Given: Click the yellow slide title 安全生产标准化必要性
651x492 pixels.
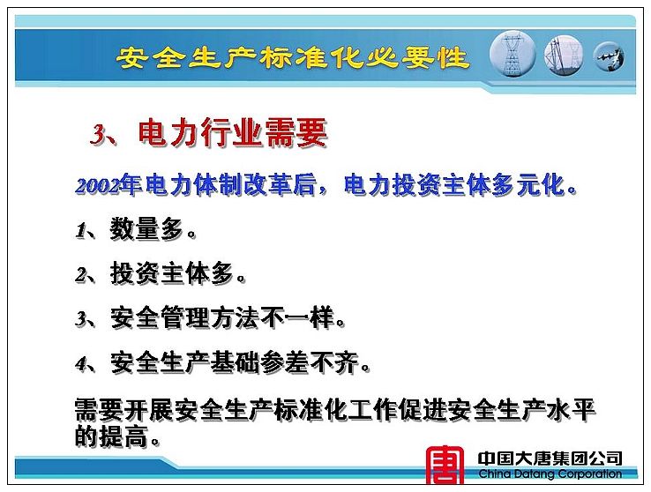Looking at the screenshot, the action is (294, 57).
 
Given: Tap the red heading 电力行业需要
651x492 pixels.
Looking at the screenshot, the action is (233, 133).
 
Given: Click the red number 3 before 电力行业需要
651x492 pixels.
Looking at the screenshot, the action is (98, 134).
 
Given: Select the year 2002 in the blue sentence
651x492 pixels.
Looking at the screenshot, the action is (98, 186).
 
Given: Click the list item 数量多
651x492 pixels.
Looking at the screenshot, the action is (147, 229).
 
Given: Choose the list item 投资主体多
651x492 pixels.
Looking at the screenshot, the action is (172, 274).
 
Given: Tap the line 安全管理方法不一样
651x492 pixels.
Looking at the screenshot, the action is (222, 318).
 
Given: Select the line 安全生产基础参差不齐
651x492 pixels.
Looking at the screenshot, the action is (235, 363).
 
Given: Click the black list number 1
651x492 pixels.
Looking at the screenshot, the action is (81, 231).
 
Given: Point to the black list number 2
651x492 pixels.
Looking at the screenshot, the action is (81, 275).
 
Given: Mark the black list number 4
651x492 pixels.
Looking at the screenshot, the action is (81, 365).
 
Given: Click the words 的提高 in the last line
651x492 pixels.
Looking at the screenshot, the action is (112, 436).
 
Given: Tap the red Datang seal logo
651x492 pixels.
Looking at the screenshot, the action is (445, 465).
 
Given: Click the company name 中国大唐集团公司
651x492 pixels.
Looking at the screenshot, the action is (550, 458).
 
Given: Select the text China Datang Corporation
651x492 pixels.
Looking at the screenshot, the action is (550, 473).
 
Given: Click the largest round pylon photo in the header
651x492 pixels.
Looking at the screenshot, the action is (513, 54).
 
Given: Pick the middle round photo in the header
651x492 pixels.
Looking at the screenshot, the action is (564, 55).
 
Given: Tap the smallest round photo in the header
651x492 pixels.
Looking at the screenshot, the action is (609, 56).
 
